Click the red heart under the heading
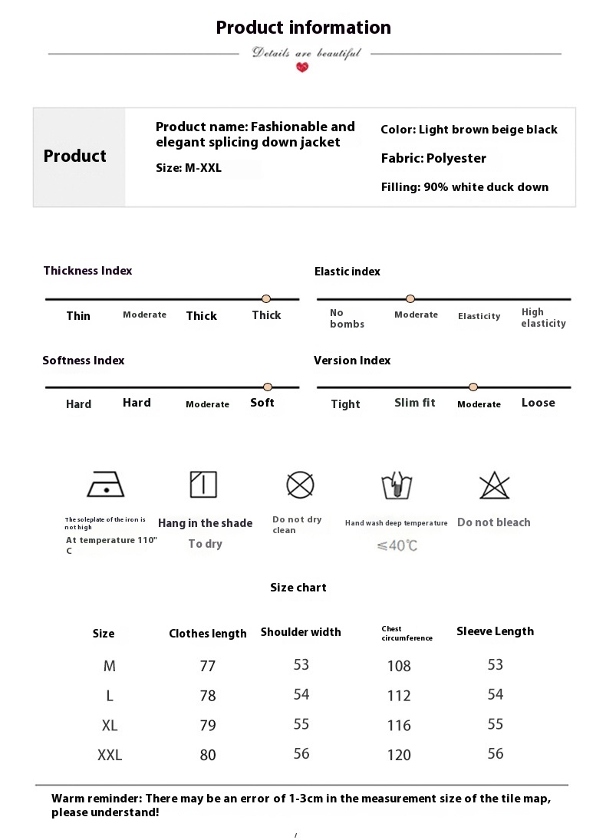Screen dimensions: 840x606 [302, 68]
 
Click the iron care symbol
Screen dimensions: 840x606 [106, 484]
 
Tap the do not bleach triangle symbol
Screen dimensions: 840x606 [494, 486]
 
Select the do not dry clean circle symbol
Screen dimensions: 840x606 [300, 484]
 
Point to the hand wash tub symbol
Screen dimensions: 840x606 [397, 486]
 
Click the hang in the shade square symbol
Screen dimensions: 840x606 [203, 484]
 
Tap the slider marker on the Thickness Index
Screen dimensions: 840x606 [266, 298]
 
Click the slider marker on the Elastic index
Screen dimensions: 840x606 [410, 298]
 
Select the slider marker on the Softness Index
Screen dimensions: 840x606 [268, 387]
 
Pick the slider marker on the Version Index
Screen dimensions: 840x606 [473, 387]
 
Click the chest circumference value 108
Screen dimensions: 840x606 [399, 666]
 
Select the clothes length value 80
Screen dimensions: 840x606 [208, 755]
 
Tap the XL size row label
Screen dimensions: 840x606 [110, 725]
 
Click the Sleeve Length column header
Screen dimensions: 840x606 [495, 631]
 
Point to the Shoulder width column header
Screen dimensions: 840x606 [301, 632]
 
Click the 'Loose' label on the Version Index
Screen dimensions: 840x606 [538, 403]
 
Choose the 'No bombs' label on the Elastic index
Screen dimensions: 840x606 [347, 318]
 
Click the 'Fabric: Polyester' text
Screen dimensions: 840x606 [433, 158]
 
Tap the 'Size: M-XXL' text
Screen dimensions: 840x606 [189, 168]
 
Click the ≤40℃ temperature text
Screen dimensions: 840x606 [397, 546]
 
